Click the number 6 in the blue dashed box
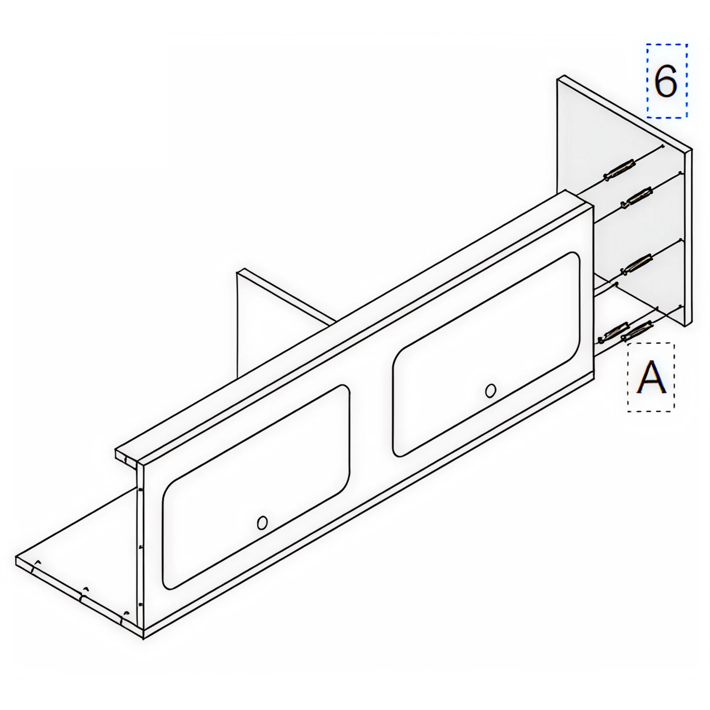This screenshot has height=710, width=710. tap(666, 81)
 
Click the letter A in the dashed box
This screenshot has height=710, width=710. tap(651, 377)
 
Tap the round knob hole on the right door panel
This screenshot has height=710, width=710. tap(490, 391)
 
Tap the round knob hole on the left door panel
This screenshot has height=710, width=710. tap(262, 523)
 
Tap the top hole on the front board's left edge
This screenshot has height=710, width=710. tap(140, 490)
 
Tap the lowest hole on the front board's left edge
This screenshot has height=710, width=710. tap(140, 604)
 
